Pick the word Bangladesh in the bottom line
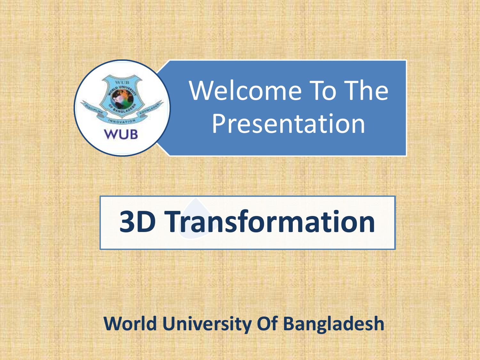coord(333,324)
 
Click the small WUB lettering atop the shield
coord(122,82)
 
